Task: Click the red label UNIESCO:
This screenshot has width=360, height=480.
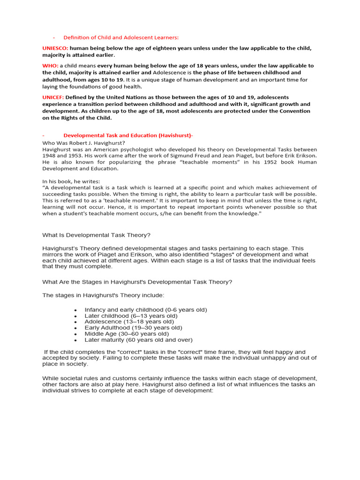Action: point(55,48)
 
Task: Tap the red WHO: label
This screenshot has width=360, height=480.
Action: point(50,66)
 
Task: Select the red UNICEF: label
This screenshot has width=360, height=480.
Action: point(53,97)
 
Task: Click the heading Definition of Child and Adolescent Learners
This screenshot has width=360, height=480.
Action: point(121,37)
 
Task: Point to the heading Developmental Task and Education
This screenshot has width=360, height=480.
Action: point(127,135)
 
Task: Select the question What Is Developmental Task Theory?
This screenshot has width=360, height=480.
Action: point(97,235)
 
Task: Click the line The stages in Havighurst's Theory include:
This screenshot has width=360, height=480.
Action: point(104,295)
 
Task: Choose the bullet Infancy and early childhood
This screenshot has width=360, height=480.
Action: point(146,310)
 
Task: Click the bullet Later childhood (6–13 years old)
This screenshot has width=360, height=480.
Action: point(131,316)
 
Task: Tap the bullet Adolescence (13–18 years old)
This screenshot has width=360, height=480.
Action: point(129,322)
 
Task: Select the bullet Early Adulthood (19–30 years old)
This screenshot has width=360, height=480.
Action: point(133,328)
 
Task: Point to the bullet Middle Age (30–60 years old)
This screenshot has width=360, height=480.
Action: point(127,334)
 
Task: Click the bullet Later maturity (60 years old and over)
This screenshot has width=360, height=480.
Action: point(138,340)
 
